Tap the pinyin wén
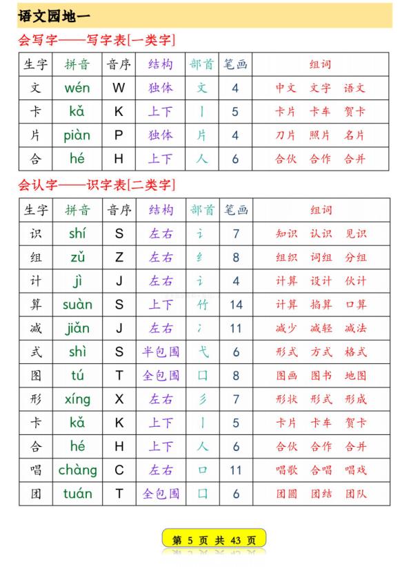[77, 88]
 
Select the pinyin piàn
[77, 135]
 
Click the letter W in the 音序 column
[119, 88]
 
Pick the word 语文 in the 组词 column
[355, 88]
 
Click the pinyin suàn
[77, 305]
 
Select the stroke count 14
[236, 305]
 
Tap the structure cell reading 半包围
[161, 352]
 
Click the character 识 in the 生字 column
[36, 233]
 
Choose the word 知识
[286, 233]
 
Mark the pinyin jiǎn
[78, 328]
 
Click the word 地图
[356, 376]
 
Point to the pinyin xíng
[78, 399]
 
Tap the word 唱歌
[286, 470]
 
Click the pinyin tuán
[77, 494]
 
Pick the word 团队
[356, 494]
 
